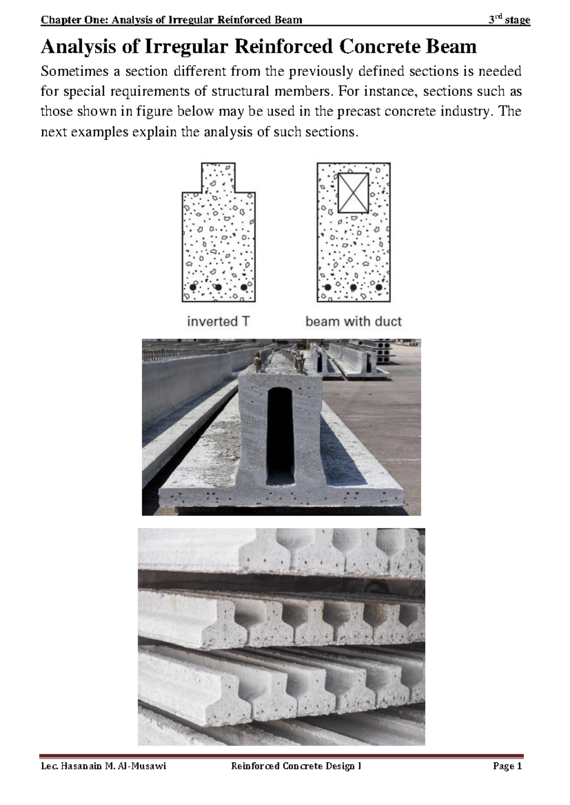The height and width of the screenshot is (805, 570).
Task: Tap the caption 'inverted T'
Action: pos(218,321)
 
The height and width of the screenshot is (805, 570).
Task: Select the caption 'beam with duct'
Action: pos(353,321)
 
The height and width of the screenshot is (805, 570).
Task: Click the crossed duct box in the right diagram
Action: pos(353,192)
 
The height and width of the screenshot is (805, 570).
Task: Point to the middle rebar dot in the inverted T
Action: pos(218,287)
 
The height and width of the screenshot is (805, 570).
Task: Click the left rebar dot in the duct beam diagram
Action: pos(327,287)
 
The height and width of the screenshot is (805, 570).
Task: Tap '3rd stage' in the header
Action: pos(510,20)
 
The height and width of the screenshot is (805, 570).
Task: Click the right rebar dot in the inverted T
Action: pos(244,287)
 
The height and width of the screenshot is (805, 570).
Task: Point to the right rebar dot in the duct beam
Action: pos(379,287)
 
